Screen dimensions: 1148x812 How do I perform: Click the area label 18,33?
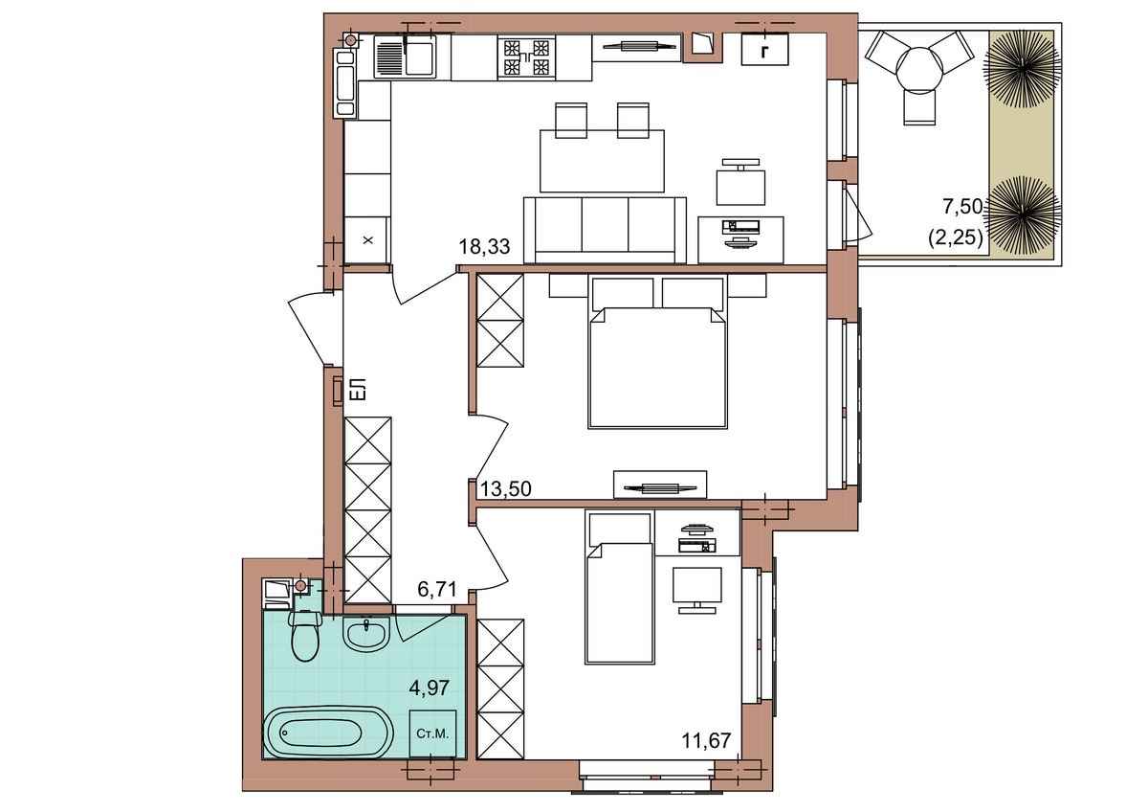[484, 247]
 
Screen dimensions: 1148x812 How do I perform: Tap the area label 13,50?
[505, 489]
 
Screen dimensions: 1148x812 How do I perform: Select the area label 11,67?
[706, 741]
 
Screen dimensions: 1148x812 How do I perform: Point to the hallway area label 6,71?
[436, 590]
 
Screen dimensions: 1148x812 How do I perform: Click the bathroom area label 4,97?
[429, 688]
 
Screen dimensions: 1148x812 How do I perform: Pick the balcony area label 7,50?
[962, 206]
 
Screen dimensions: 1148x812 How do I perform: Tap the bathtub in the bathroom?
[328, 733]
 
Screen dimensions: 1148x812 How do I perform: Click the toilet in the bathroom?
[305, 636]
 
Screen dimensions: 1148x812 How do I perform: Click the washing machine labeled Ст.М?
[432, 734]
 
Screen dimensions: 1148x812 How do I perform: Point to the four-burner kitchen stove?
[526, 57]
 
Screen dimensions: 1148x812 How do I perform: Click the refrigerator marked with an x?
[367, 240]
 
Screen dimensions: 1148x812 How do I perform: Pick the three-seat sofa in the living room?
[605, 231]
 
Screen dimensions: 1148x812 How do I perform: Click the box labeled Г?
[764, 49]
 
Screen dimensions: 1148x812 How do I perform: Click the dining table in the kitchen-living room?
[602, 161]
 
